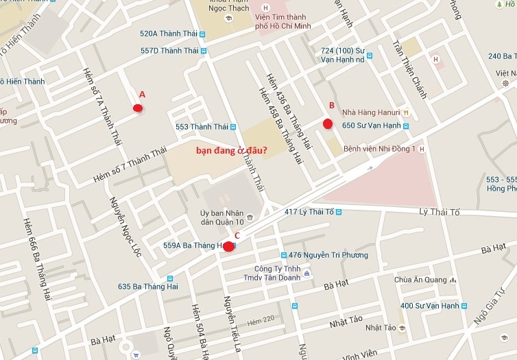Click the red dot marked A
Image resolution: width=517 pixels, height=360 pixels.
[x=138, y=108]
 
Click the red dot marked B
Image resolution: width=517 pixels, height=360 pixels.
[x=328, y=123]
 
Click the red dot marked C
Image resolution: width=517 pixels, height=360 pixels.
[x=228, y=247]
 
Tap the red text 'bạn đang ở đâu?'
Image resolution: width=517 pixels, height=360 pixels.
[x=232, y=149]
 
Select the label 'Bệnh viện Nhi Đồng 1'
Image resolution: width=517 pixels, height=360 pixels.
[x=379, y=149]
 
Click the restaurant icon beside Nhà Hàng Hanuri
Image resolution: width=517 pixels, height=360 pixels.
[x=407, y=112]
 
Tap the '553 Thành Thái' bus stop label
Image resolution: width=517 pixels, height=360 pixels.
[x=202, y=126]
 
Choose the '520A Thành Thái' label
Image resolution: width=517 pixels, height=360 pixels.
[x=169, y=33]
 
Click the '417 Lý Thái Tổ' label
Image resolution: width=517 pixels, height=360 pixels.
[x=309, y=212]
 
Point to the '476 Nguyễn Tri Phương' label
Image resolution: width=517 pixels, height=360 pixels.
[x=328, y=255]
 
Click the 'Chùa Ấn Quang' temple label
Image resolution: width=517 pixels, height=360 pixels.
[x=417, y=280]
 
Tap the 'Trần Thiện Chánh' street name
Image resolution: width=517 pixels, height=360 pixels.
[x=409, y=69]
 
